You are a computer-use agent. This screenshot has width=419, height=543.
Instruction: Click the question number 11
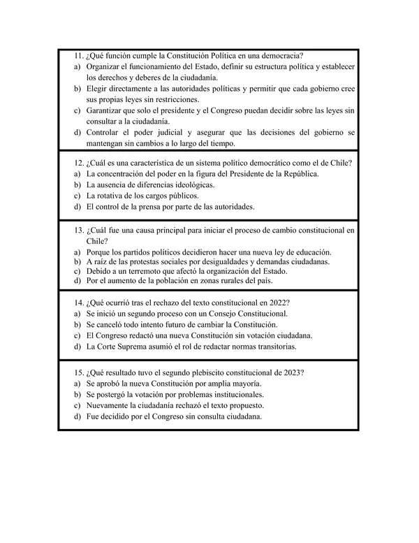78,55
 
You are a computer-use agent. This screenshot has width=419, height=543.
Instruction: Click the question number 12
78,163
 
